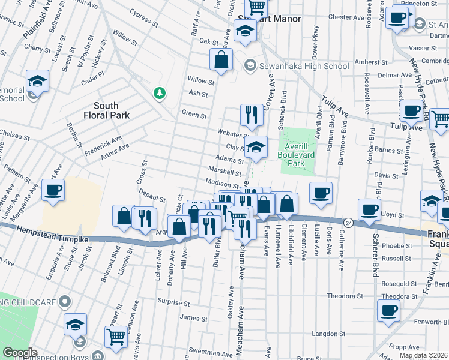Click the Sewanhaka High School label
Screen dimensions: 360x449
(304, 66)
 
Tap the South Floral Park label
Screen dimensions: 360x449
(106, 110)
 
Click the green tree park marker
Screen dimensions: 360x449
(159, 92)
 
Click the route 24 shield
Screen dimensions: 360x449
(348, 222)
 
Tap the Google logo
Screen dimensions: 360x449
(20, 353)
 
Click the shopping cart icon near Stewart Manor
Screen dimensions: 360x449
(256, 7)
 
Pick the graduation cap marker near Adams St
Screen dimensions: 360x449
(256, 149)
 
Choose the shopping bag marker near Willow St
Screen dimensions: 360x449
(221, 59)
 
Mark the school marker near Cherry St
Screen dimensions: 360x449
(37, 81)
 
